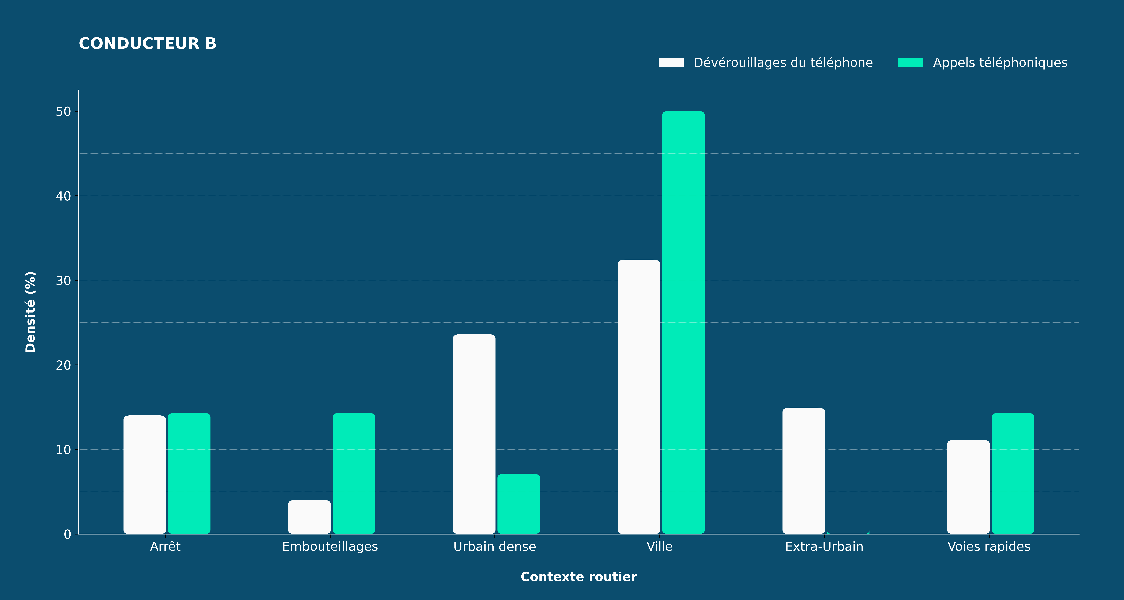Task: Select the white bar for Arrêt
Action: pyautogui.click(x=144, y=475)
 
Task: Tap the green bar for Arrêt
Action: pyautogui.click(x=189, y=473)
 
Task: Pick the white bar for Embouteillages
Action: pyautogui.click(x=309, y=517)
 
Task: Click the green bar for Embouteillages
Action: pyautogui.click(x=354, y=473)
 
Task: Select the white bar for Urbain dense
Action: pyautogui.click(x=474, y=434)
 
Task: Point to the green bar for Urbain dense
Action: pyautogui.click(x=519, y=504)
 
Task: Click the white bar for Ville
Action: pyautogui.click(x=639, y=397)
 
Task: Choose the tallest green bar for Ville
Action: pyautogui.click(x=683, y=322)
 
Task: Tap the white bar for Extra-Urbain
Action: pyautogui.click(x=804, y=471)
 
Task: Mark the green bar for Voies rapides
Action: pyautogui.click(x=1013, y=473)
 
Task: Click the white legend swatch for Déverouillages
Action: pyautogui.click(x=671, y=62)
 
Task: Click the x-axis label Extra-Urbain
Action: pyautogui.click(x=824, y=547)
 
